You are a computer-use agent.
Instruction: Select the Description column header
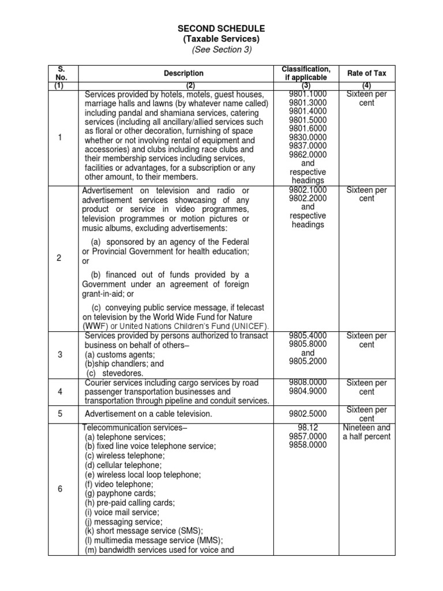click(x=183, y=73)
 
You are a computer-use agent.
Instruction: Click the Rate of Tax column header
click(x=366, y=73)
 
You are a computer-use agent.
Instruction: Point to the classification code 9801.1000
click(x=308, y=94)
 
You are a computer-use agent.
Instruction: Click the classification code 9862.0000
click(x=308, y=155)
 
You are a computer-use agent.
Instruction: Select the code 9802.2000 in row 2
click(x=308, y=198)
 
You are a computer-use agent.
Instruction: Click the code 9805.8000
click(x=308, y=345)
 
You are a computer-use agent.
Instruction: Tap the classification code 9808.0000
click(x=308, y=383)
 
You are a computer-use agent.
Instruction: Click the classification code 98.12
click(x=308, y=428)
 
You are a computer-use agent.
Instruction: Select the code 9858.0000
click(x=308, y=445)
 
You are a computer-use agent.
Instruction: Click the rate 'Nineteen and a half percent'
click(x=366, y=432)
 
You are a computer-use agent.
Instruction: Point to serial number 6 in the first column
click(x=59, y=489)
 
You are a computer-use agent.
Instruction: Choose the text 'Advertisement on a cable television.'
click(x=149, y=414)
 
